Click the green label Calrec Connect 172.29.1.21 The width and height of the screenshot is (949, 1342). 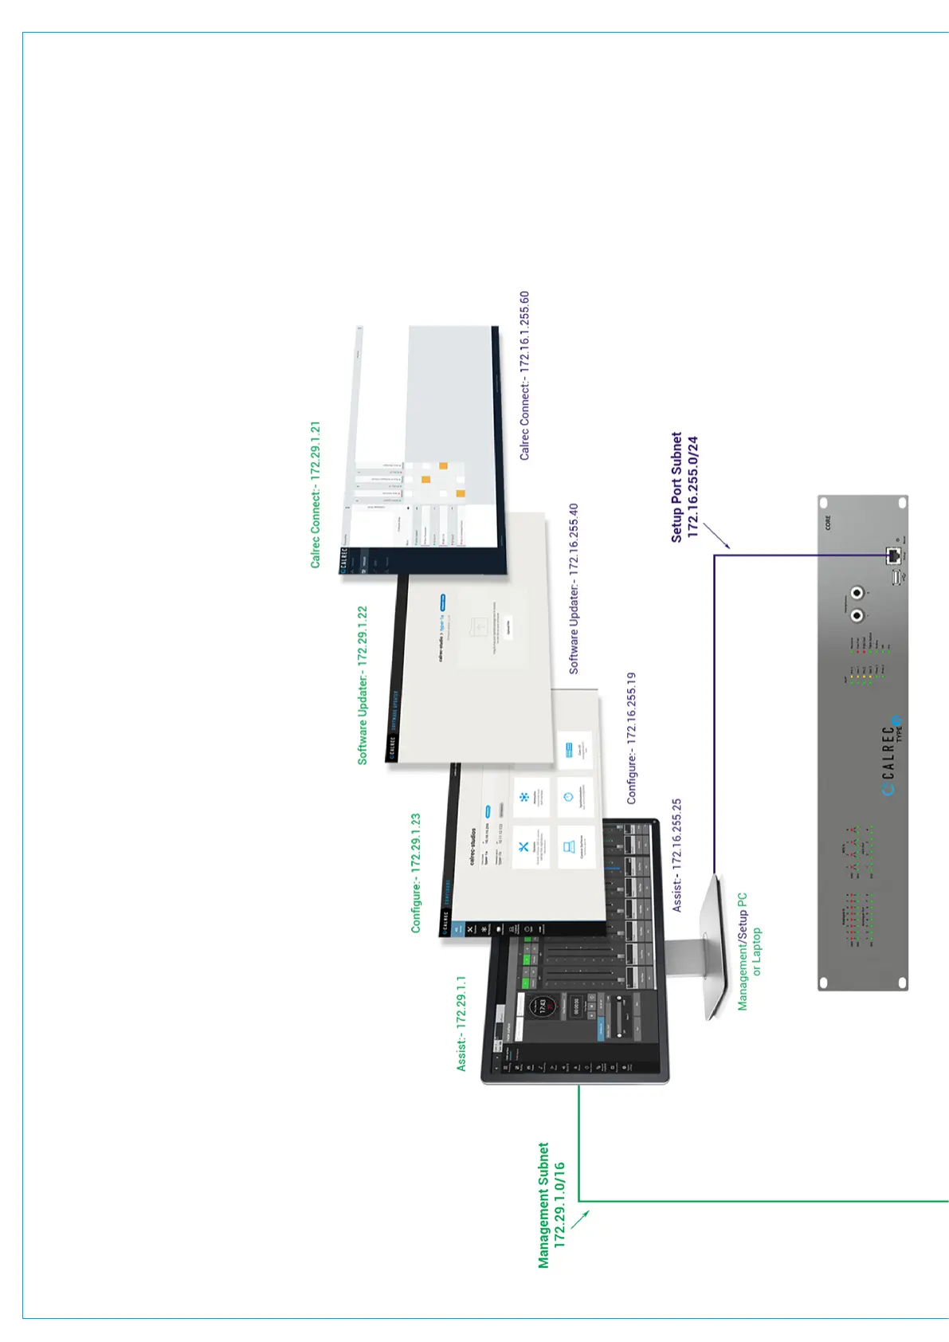pyautogui.click(x=316, y=494)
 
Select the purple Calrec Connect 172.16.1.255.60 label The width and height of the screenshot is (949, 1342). pyautogui.click(x=524, y=375)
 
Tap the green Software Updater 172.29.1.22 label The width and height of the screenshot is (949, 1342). pyautogui.click(x=363, y=685)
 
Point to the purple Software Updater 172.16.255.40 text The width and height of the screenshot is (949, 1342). pyautogui.click(x=574, y=589)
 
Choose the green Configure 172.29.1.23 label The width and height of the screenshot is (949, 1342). pyautogui.click(x=415, y=873)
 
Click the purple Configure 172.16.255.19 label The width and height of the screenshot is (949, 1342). pyautogui.click(x=631, y=738)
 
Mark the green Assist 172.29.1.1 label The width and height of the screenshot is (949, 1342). pyautogui.click(x=461, y=1023)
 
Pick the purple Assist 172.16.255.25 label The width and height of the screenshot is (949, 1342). pyautogui.click(x=676, y=856)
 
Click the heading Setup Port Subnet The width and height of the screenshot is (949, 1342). pyautogui.click(x=676, y=487)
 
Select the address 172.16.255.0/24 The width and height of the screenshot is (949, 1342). pyautogui.click(x=692, y=486)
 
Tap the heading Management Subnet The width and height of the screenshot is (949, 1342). pyautogui.click(x=543, y=1205)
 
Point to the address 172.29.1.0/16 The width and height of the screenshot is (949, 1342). pyautogui.click(x=559, y=1204)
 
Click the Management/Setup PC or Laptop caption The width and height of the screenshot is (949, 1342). pyautogui.click(x=749, y=952)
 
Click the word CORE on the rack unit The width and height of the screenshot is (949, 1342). pyautogui.click(x=828, y=523)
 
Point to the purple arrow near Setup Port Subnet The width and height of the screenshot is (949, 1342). pyautogui.click(x=716, y=535)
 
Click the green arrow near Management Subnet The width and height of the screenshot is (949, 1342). pyautogui.click(x=580, y=1219)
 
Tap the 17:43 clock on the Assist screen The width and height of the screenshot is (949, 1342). pyautogui.click(x=542, y=1006)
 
